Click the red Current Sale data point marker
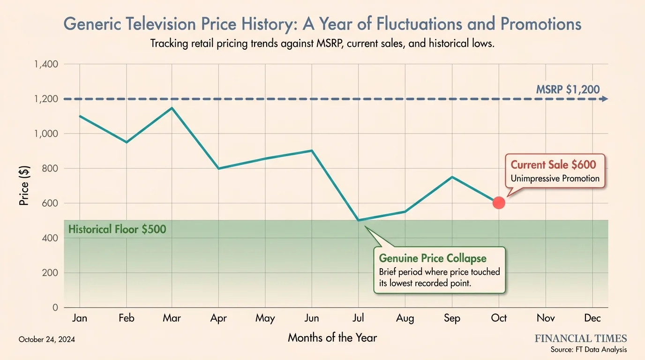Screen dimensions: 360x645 pyautogui.click(x=499, y=203)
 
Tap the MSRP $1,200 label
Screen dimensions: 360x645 pyautogui.click(x=568, y=89)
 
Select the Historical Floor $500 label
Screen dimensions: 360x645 pyautogui.click(x=117, y=230)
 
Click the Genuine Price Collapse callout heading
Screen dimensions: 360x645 pyautogui.click(x=433, y=259)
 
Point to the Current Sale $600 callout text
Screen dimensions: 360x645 pyautogui.click(x=553, y=165)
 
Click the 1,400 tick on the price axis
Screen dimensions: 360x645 pyautogui.click(x=46, y=64)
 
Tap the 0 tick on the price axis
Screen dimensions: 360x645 pyautogui.click(x=55, y=307)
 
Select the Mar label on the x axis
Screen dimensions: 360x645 pyautogui.click(x=172, y=318)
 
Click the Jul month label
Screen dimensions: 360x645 pyautogui.click(x=359, y=318)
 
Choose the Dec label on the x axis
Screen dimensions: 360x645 pyautogui.click(x=592, y=318)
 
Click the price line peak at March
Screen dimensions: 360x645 pyautogui.click(x=172, y=108)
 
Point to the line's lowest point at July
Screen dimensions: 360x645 pyautogui.click(x=359, y=220)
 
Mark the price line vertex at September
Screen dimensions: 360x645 pyautogui.click(x=452, y=177)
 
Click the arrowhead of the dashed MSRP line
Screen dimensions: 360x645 pyautogui.click(x=605, y=99)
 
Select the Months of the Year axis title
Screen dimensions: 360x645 pyautogui.click(x=332, y=337)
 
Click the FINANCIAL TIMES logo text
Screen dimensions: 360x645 pyautogui.click(x=581, y=338)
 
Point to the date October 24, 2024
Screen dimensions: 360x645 pyautogui.click(x=47, y=339)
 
